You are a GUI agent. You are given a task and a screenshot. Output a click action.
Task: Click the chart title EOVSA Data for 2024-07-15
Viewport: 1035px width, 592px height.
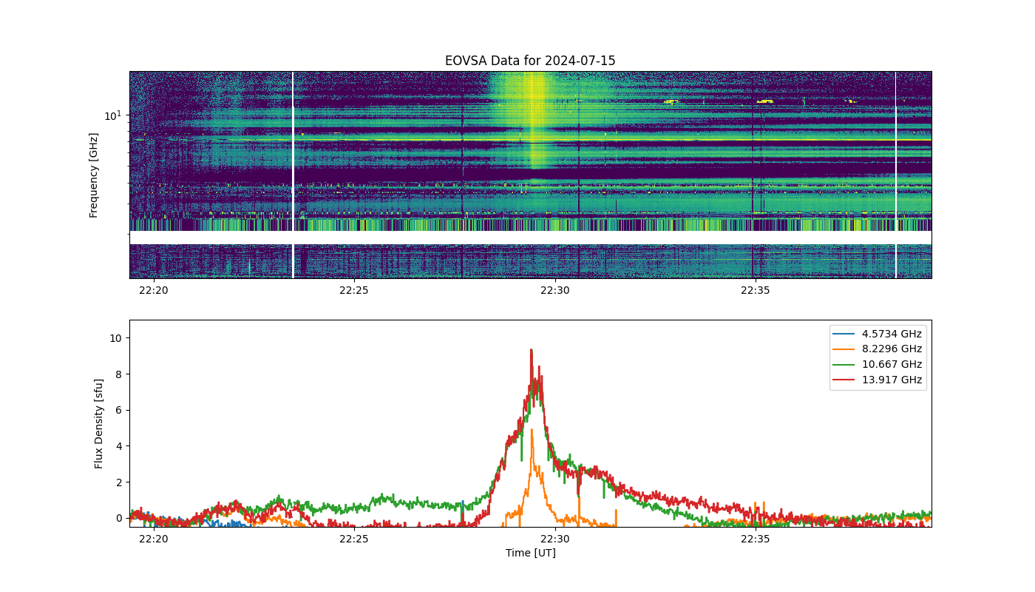530,61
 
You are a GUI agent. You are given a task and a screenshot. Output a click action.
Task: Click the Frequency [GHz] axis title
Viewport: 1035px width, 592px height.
93,175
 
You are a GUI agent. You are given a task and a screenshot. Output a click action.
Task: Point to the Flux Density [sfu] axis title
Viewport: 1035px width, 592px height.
98,423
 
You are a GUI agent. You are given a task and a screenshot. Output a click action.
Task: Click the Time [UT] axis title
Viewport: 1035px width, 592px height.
531,553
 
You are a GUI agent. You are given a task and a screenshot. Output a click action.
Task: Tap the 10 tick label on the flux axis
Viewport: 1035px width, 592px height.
115,339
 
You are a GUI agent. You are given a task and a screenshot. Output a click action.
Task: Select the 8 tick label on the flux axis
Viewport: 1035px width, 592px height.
119,374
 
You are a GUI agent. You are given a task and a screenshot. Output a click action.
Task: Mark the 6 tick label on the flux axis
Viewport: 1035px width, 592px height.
119,410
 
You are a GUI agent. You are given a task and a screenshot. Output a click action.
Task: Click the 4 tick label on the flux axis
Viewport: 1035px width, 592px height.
119,446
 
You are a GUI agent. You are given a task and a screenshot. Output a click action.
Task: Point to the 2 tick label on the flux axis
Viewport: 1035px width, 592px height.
119,482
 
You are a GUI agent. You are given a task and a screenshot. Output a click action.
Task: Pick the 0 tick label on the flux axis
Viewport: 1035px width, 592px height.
119,519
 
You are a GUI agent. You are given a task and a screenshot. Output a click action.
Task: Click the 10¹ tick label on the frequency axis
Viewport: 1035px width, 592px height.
112,115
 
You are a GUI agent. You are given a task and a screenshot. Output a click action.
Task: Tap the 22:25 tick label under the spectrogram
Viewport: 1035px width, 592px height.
354,290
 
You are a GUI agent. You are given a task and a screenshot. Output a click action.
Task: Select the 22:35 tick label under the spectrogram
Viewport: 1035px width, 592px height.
756,290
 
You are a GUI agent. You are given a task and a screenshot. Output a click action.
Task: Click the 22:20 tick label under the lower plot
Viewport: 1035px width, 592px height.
154,539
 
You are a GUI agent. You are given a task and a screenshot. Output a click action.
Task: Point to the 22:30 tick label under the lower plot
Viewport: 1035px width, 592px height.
555,539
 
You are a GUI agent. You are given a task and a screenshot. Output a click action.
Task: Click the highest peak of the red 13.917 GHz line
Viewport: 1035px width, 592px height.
532,349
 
